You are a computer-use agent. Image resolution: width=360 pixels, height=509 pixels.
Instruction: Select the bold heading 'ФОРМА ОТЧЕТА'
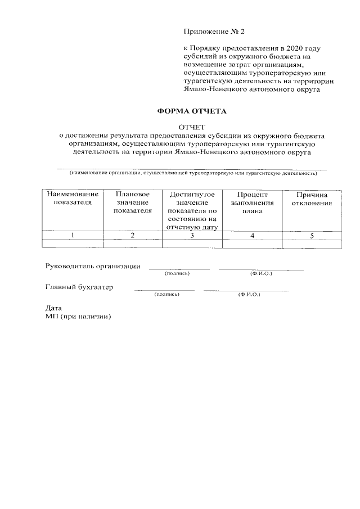[191, 111]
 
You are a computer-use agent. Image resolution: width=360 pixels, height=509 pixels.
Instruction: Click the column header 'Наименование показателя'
[72, 198]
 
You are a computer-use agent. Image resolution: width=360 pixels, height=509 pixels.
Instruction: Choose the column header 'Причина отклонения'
[312, 198]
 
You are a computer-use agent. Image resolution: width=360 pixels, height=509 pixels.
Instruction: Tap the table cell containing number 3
[192, 235]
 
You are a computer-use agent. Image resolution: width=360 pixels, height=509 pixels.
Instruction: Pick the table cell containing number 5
[312, 235]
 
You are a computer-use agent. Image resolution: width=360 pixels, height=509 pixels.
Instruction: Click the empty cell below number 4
[252, 244]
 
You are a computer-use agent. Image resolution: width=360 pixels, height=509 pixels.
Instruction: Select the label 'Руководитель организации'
[93, 266]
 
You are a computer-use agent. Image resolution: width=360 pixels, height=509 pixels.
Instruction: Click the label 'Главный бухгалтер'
[79, 287]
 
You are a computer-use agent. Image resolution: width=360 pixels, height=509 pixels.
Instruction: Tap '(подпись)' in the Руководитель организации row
[177, 273]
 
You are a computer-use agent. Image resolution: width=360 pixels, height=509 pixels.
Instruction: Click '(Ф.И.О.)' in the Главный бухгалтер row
[249, 294]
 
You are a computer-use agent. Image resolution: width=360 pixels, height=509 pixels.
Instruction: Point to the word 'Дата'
[53, 308]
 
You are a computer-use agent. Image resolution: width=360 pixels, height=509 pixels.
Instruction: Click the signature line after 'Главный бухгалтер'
[164, 290]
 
